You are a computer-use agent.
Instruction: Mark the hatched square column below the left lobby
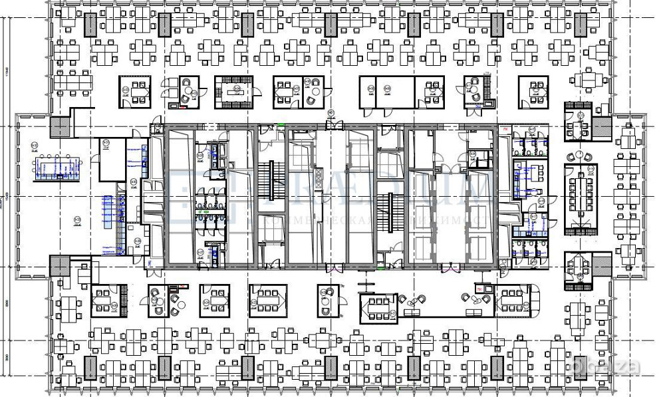click(x=59, y=267)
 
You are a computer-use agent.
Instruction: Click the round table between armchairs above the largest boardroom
click(x=579, y=154)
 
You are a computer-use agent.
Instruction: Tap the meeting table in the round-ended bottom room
click(x=511, y=302)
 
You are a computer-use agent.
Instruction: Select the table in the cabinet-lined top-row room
click(x=233, y=92)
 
